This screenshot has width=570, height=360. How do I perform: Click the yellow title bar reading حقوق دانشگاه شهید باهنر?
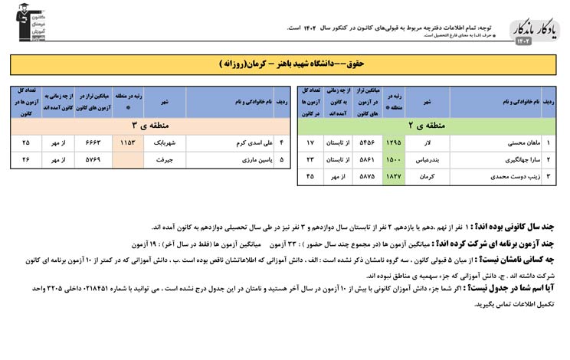284,63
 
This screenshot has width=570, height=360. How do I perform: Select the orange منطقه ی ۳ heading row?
147,123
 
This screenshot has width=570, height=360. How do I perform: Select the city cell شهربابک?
164,143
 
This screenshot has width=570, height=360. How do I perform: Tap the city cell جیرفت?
164,160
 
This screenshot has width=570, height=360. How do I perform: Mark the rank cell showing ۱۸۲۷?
393,177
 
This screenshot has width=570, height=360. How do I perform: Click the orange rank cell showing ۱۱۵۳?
127,143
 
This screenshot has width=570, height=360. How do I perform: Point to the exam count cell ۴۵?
310,177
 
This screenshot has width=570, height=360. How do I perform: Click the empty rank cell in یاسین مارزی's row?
127,160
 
